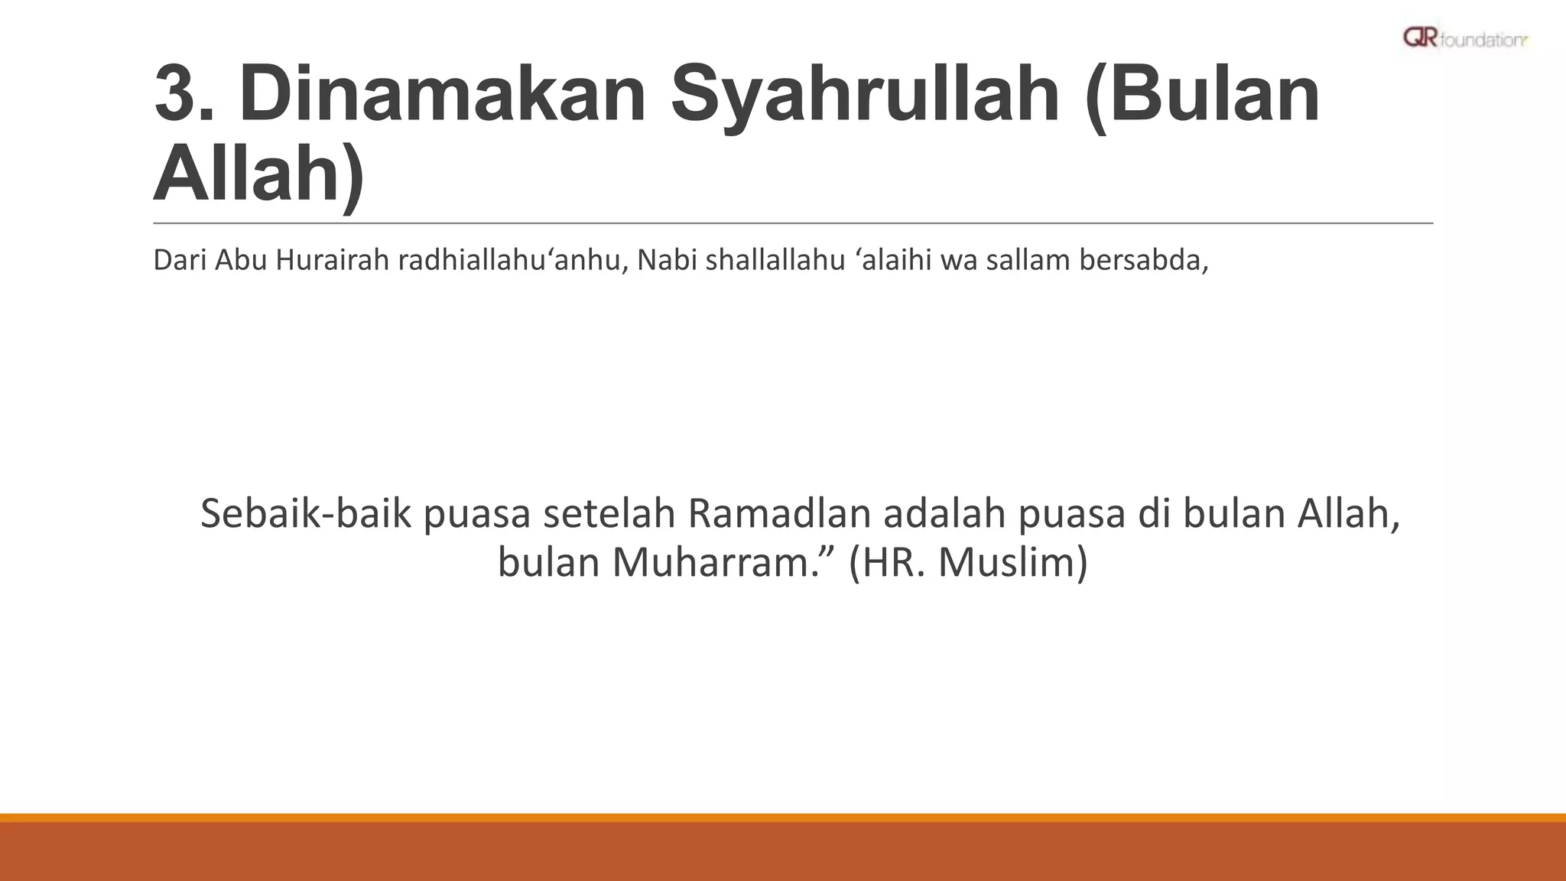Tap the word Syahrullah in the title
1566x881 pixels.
click(866, 96)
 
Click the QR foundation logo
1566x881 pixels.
click(1464, 38)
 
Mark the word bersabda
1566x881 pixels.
click(1143, 261)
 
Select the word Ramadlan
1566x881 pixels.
click(779, 514)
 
